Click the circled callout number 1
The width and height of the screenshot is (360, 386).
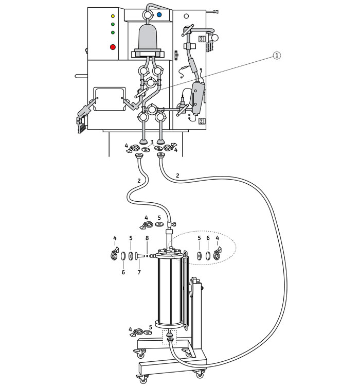click(277, 56)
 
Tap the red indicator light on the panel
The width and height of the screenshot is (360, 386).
click(113, 47)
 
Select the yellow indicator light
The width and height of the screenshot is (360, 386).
click(113, 16)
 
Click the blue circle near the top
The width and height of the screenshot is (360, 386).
click(159, 15)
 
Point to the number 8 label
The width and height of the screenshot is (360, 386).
click(147, 238)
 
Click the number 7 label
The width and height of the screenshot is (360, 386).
click(139, 272)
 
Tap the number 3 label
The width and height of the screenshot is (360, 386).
click(152, 142)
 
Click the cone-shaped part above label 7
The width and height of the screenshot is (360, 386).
click(140, 256)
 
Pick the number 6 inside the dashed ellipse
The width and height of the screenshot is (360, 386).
click(208, 238)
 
